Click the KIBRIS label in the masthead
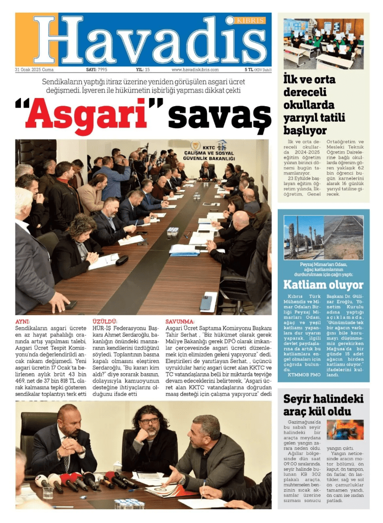(x=251, y=21)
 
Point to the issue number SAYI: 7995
(x=97, y=70)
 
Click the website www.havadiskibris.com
(x=195, y=70)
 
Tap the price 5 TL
(x=249, y=70)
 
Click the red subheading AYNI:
(x=23, y=321)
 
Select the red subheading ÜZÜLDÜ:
(x=105, y=321)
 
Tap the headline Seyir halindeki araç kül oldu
(x=323, y=406)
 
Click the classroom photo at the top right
(x=324, y=44)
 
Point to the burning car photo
(x=345, y=430)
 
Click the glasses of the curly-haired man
(x=149, y=421)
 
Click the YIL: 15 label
(x=142, y=70)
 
